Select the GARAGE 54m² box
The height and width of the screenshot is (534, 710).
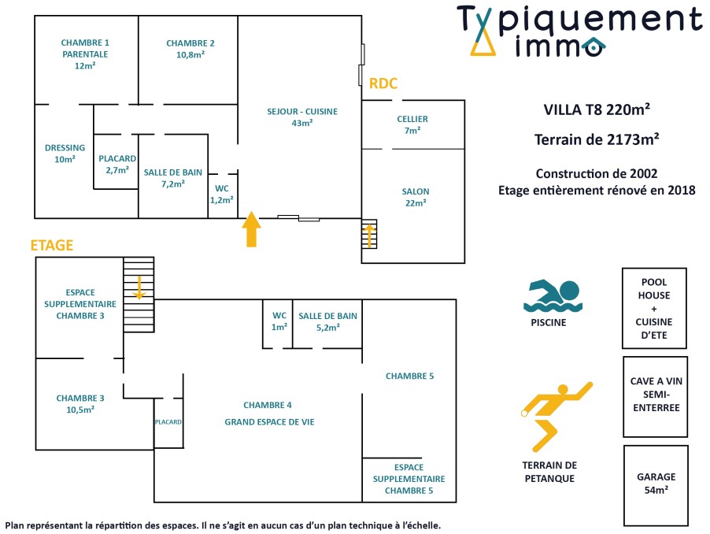655,483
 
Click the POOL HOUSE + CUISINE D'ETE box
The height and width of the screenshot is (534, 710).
655,308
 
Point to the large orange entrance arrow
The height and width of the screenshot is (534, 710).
251,229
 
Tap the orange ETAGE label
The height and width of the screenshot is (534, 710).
52,245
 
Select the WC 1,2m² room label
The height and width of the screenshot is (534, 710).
222,195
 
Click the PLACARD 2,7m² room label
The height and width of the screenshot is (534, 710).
117,163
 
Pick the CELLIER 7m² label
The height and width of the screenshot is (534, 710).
412,124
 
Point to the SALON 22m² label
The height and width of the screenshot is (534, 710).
415,197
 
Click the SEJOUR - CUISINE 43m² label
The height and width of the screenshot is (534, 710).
302,117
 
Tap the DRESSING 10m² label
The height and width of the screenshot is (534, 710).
65,153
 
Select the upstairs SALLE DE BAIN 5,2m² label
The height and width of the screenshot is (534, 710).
327,321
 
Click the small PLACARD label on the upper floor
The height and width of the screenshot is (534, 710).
168,422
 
